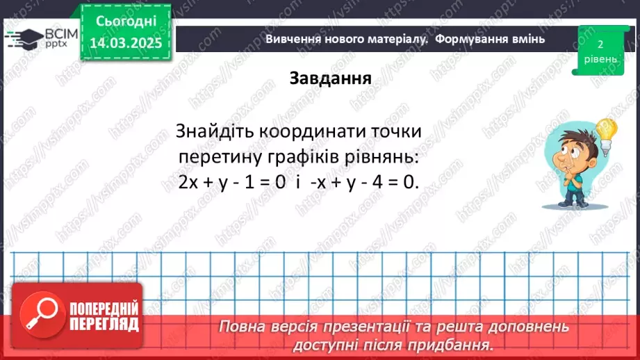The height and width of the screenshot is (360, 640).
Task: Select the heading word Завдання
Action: coord(330,78)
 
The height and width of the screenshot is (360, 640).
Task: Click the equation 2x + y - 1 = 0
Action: coord(231,182)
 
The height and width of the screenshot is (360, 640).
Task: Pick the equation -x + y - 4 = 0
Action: coord(365,182)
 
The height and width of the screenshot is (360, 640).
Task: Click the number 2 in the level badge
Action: coord(599,44)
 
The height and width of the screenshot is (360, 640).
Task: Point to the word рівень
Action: coord(599,59)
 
